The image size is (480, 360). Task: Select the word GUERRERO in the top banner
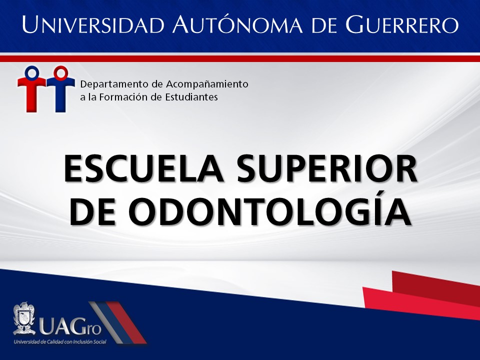pos(402,24)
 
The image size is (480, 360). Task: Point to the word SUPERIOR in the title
pos(327,169)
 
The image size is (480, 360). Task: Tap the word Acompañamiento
pos(207,84)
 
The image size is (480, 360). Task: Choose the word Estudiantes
pos(191,97)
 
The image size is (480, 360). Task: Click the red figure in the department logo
pos(31,89)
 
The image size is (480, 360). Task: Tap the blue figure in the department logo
pos(60,89)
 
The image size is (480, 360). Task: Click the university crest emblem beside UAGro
pos(23,318)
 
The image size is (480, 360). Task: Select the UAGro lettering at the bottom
pos(70,326)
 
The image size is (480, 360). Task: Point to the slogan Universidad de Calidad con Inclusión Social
pos(60,341)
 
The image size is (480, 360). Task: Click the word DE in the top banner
pos(324,24)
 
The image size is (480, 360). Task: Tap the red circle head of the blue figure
pos(61,72)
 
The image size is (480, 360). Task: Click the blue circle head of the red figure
pos(32,72)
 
